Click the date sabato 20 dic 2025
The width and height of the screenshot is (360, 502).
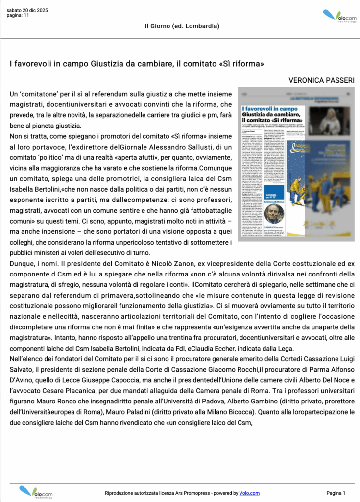pyautogui.click(x=27, y=10)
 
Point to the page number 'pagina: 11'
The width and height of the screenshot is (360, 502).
pyautogui.click(x=18, y=16)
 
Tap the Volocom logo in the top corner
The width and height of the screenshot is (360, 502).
pyautogui.click(x=339, y=16)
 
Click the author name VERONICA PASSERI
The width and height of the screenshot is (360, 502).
pyautogui.click(x=321, y=80)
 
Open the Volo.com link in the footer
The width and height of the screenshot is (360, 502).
pyautogui.click(x=249, y=493)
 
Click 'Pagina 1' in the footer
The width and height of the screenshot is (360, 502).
pyautogui.click(x=336, y=493)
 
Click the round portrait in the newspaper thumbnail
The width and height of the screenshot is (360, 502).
pyautogui.click(x=274, y=214)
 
